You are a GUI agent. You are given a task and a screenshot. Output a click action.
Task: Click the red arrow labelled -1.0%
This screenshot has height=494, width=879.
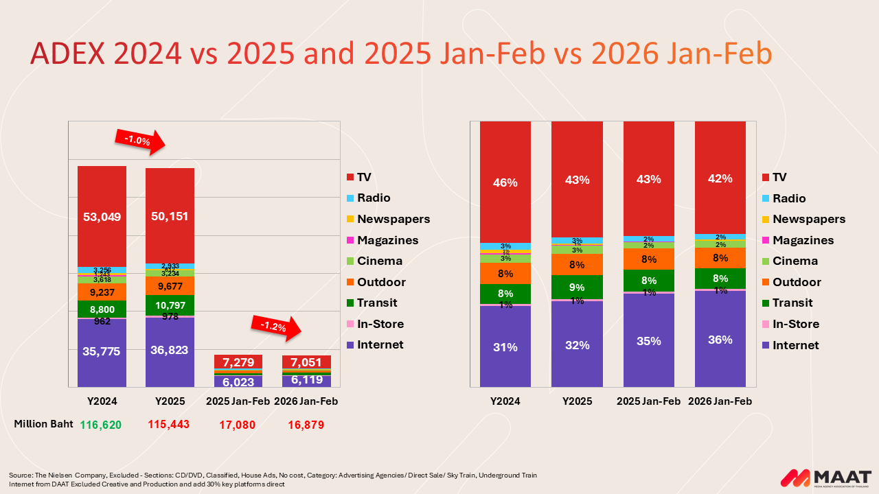(139, 141)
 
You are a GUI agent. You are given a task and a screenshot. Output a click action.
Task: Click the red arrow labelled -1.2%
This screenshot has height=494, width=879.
(276, 327)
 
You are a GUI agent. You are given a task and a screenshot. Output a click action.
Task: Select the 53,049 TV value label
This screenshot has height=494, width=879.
(102, 217)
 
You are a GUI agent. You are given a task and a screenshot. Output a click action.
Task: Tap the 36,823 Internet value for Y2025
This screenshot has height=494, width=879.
(170, 351)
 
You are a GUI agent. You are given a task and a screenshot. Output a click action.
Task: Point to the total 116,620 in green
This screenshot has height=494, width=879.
(101, 425)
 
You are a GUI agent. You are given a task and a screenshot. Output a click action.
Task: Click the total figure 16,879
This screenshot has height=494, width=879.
(303, 425)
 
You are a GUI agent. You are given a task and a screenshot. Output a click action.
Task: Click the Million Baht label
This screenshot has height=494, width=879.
(40, 423)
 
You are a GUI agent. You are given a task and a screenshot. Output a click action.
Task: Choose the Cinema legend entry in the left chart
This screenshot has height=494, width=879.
(379, 261)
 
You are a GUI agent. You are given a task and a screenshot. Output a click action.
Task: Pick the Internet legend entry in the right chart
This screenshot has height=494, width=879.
(795, 345)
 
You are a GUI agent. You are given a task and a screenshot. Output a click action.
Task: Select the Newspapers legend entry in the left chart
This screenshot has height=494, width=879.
(393, 219)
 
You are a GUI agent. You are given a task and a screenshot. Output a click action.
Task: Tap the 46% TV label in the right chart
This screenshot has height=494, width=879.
(505, 183)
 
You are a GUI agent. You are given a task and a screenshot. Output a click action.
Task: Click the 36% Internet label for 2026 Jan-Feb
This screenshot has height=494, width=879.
(720, 340)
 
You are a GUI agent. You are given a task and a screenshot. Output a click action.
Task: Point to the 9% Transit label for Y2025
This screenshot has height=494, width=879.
(577, 287)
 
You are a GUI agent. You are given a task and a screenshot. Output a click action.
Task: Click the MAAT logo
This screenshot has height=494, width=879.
(826, 478)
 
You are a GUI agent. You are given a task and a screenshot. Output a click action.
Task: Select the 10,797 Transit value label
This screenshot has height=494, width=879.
(170, 305)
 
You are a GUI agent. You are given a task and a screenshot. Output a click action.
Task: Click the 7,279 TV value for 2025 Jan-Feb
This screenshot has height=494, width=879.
(238, 362)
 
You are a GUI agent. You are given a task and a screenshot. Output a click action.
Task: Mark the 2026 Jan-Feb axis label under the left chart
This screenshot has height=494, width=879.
(306, 401)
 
